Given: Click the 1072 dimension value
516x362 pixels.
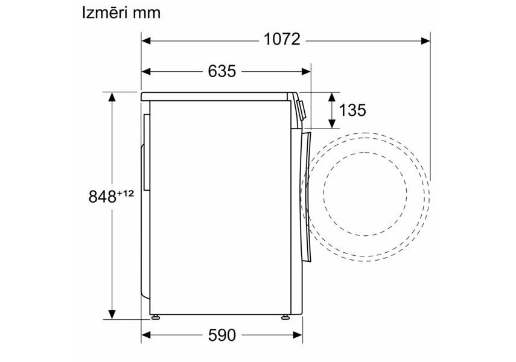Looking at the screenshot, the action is click(x=282, y=39).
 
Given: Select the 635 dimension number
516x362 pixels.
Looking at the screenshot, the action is click(x=222, y=71).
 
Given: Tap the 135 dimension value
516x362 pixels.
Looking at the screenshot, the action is click(x=352, y=110).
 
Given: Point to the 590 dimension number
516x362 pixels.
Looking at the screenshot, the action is click(x=222, y=335).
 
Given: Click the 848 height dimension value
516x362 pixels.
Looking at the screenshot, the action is click(x=103, y=197).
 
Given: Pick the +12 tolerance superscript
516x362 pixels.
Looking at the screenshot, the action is click(x=126, y=193).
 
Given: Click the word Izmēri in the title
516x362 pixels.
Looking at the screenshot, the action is click(x=100, y=13).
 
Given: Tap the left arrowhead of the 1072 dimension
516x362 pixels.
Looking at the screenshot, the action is click(x=146, y=41).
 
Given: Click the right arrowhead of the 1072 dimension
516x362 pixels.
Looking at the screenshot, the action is click(x=425, y=41).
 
